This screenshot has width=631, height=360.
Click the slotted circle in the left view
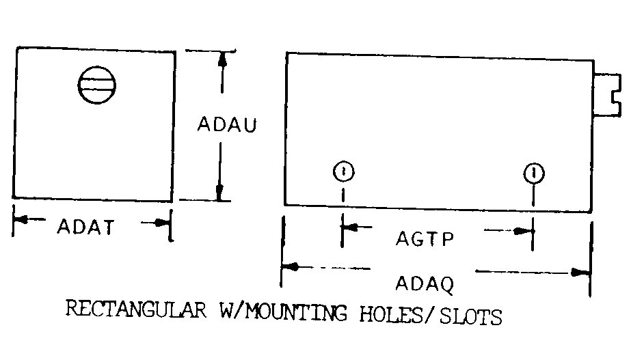(x=96, y=85)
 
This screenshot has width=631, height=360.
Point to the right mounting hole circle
(x=534, y=171)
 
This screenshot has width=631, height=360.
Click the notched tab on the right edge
(x=606, y=94)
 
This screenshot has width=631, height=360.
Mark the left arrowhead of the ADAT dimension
(x=21, y=220)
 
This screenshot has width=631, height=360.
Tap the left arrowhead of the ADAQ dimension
(x=289, y=266)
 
